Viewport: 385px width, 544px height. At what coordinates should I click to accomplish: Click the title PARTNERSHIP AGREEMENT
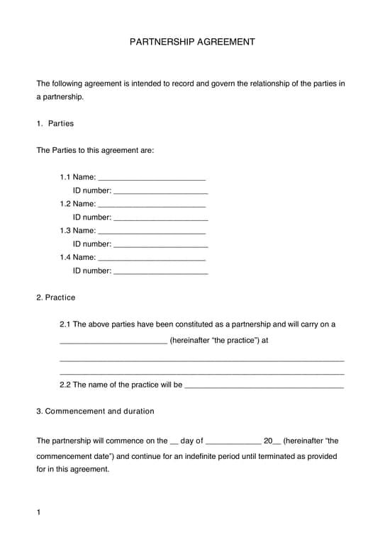tap(192, 42)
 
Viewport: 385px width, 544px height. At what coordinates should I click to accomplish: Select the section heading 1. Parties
tap(55, 123)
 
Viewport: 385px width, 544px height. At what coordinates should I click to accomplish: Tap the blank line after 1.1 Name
tap(152, 178)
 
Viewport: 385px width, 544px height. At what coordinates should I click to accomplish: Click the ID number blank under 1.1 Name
tap(160, 191)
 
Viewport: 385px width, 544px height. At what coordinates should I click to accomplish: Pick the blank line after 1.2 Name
tap(152, 205)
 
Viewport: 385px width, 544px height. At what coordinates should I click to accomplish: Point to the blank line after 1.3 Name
tap(152, 232)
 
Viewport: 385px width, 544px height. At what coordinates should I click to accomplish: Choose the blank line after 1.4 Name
tap(152, 259)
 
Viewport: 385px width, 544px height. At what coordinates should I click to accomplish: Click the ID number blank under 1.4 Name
tap(160, 272)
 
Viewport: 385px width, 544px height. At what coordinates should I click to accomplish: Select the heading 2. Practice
tap(56, 297)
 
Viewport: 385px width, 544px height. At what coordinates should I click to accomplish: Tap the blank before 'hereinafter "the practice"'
tap(113, 341)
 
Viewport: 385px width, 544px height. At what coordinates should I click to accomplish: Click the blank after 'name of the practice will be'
tap(264, 387)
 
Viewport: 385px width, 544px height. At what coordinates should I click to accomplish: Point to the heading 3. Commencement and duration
tap(95, 411)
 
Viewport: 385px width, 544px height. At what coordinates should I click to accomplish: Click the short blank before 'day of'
tap(175, 442)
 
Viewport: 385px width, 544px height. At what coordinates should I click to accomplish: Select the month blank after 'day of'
tap(233, 442)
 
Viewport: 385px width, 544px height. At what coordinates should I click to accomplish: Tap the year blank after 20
tap(277, 442)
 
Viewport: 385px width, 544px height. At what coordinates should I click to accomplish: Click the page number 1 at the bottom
tap(39, 511)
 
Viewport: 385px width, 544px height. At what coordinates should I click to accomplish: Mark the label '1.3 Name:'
tap(77, 230)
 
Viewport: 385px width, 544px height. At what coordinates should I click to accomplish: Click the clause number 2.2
tap(65, 385)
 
